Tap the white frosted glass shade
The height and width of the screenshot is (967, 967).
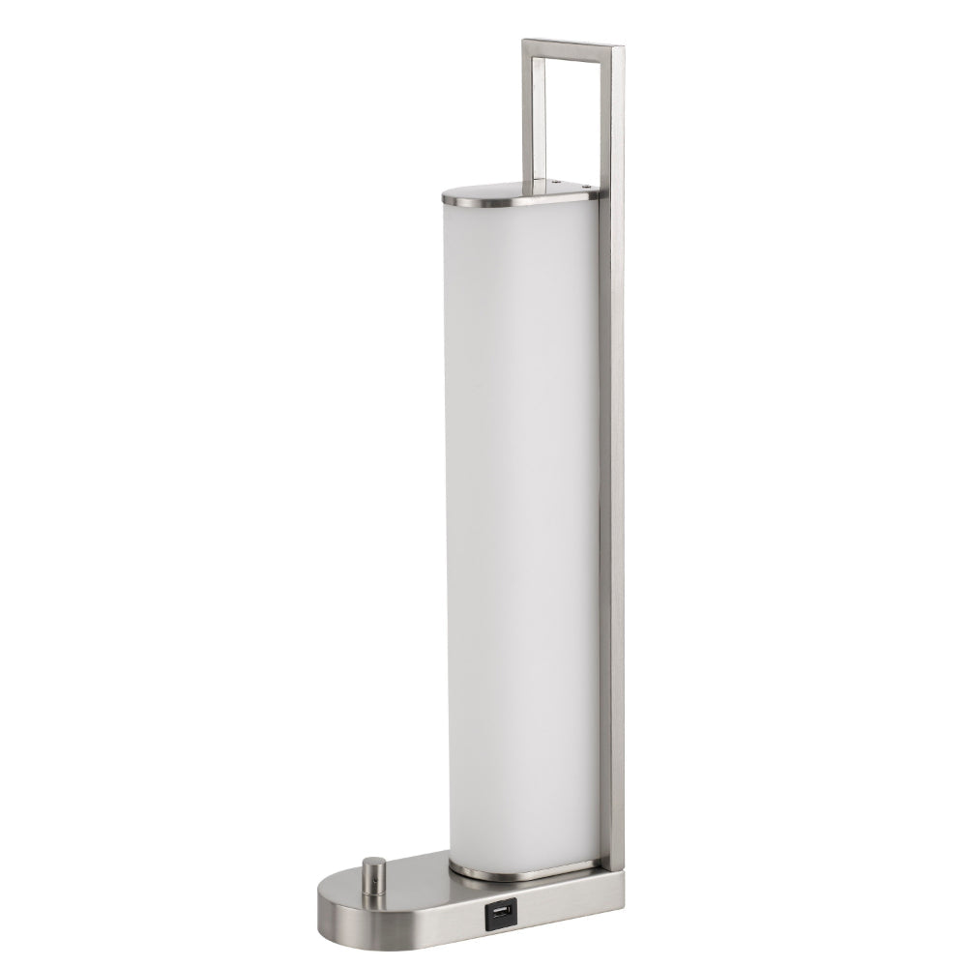pyautogui.click(x=522, y=522)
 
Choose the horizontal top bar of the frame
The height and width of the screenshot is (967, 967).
pyautogui.click(x=572, y=45)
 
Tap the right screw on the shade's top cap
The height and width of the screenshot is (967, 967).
pyautogui.click(x=586, y=186)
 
